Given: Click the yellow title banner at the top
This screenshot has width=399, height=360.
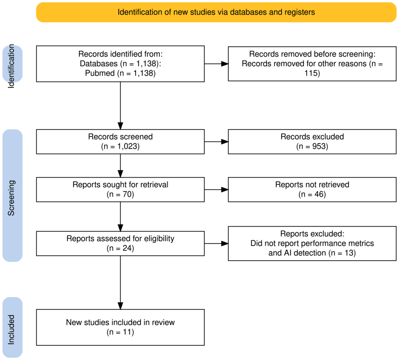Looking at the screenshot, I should click(216, 12).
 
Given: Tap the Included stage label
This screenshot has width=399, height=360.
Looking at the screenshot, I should click(12, 328).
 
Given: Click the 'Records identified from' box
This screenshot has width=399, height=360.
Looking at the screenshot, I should click(120, 64).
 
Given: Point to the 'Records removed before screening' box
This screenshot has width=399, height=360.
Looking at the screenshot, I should click(312, 64).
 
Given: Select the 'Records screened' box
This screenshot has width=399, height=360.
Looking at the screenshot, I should click(120, 142).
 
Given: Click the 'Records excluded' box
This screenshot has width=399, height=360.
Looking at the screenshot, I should click(312, 142).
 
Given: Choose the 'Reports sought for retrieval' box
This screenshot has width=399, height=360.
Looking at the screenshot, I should click(120, 190).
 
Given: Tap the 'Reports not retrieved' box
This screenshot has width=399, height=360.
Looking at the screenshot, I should click(312, 190).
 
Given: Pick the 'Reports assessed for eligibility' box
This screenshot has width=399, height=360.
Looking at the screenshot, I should click(120, 244).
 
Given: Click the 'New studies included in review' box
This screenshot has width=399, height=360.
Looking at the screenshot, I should click(120, 327).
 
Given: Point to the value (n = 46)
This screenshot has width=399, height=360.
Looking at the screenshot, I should click(312, 195).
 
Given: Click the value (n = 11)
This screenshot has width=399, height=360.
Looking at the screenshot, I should click(120, 332).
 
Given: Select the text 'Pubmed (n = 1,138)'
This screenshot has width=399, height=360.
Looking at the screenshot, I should click(120, 74).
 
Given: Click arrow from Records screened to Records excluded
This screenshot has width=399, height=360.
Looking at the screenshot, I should click(216, 142).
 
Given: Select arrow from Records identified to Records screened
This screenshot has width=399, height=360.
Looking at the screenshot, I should click(120, 105).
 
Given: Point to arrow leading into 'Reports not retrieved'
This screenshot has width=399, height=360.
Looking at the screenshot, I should click(216, 190).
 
